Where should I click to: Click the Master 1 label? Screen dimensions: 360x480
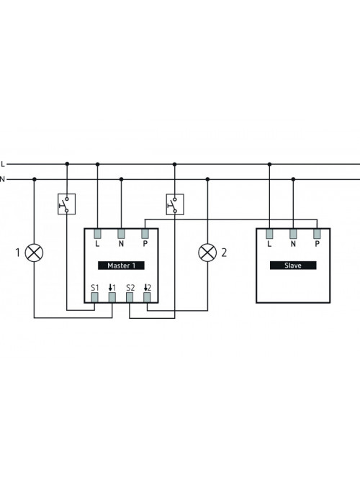[121, 266]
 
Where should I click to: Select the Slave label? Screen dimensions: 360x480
[293, 266]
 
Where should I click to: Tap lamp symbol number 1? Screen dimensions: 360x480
[34, 253]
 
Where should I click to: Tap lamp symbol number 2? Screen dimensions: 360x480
[207, 253]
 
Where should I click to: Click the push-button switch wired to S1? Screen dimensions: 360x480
[67, 204]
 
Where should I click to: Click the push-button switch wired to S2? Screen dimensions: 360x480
[175, 204]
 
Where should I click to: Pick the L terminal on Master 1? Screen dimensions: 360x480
[97, 234]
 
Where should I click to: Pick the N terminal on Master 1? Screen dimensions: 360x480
[122, 234]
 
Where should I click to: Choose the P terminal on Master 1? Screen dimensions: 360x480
[145, 234]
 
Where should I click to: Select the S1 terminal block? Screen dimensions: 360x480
[94, 297]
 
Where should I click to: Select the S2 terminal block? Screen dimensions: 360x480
[130, 297]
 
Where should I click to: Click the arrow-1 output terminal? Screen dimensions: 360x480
[112, 297]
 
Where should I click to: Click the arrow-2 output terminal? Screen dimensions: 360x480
[147, 297]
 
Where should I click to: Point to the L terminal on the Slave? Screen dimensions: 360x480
[269, 234]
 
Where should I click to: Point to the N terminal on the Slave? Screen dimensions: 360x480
[293, 234]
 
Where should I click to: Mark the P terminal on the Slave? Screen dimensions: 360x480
[317, 234]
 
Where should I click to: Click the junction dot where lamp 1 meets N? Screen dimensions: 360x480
[35, 179]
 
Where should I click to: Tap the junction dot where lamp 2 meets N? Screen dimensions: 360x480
[207, 179]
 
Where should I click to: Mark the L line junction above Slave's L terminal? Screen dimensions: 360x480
[269, 164]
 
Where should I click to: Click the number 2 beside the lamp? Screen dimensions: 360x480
[224, 253]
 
